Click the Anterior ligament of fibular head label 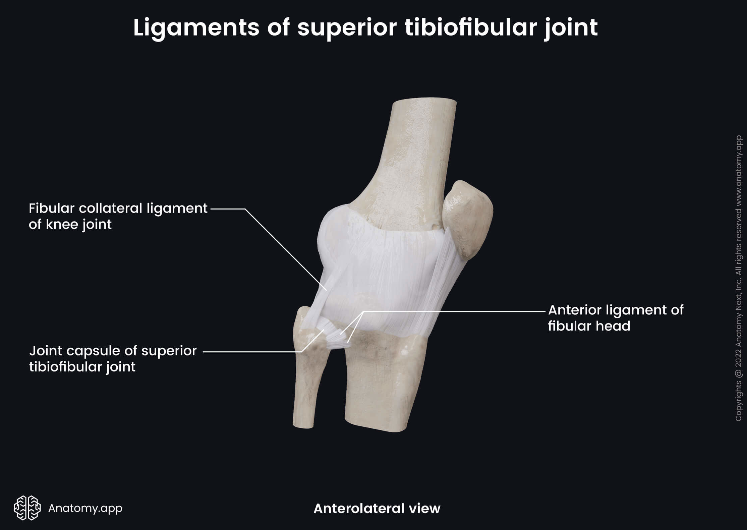615,318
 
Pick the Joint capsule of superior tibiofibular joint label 113,359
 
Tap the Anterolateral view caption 377,509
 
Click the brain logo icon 27,508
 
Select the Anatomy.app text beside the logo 85,508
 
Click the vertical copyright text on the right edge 738,278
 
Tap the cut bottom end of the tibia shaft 376,427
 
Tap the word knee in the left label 62,224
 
